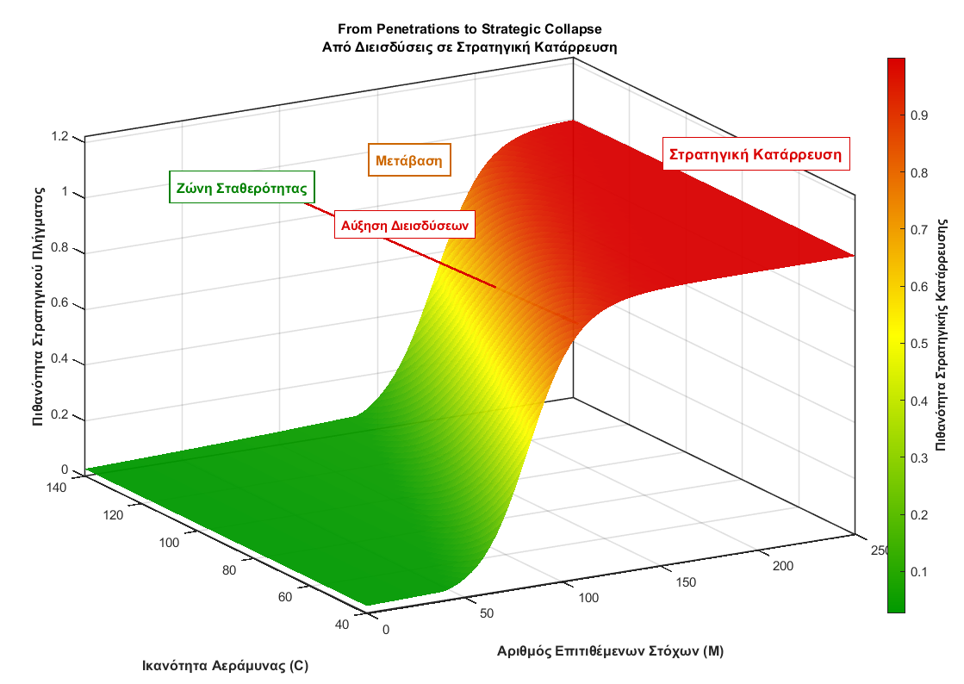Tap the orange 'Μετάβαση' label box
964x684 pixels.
coord(410,160)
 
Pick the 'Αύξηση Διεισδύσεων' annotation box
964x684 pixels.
coord(404,225)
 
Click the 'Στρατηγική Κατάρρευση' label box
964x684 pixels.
coord(756,155)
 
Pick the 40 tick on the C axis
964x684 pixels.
coord(342,625)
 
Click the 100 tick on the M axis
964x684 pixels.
coord(588,598)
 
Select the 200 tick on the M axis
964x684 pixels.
coord(781,565)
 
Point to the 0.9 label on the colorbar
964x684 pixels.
coord(919,115)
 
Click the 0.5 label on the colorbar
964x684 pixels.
coord(919,344)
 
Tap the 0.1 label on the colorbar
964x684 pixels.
coord(919,572)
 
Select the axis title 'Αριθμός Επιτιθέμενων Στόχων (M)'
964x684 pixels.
coord(610,651)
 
